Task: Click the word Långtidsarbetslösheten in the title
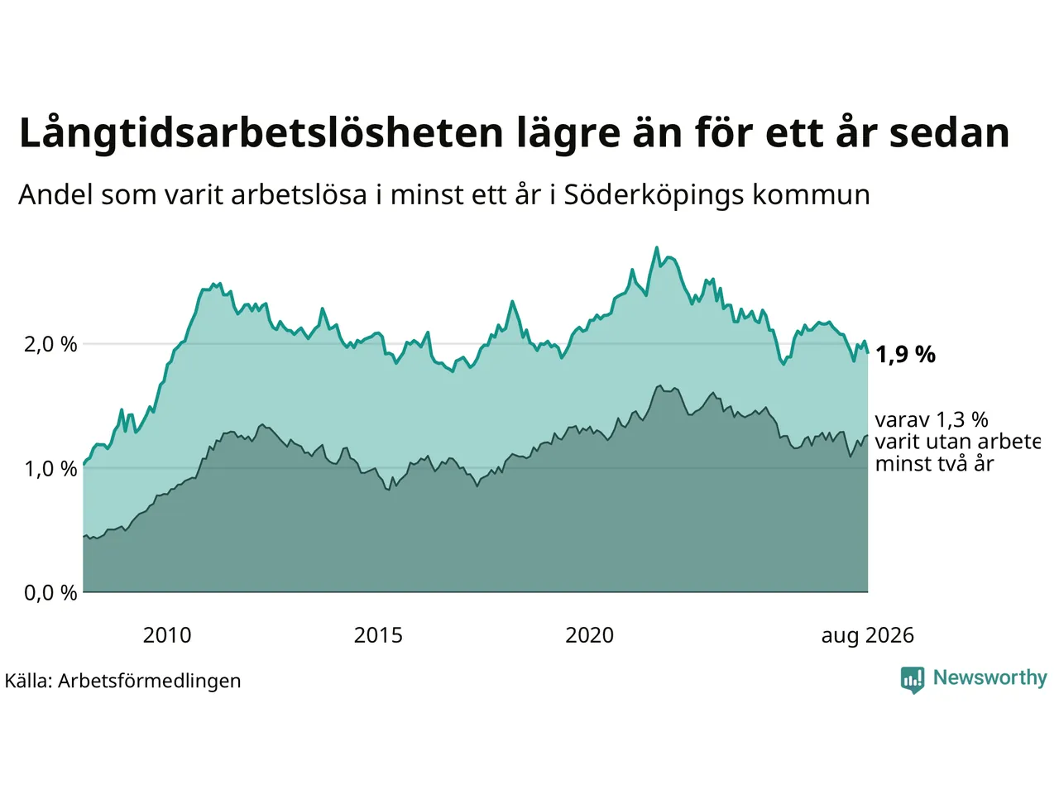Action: coord(261,133)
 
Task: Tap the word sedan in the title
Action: coord(949,132)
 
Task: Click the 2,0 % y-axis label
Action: coord(50,345)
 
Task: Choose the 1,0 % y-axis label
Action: coord(50,469)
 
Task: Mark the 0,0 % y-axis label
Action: coord(50,592)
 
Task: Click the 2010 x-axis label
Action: coord(167,635)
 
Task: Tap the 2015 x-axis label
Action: coord(378,635)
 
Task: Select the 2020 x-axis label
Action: coord(590,635)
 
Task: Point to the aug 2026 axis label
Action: coord(867,636)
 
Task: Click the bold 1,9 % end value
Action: coord(906,355)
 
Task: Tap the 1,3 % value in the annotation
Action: coord(962,420)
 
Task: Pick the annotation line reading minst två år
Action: coord(935,464)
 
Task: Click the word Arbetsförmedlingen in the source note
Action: coord(149,682)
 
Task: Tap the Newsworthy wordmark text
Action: coord(990,677)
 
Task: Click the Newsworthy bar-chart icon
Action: coord(913,680)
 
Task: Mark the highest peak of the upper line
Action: coord(656,248)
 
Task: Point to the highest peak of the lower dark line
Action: coord(659,385)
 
